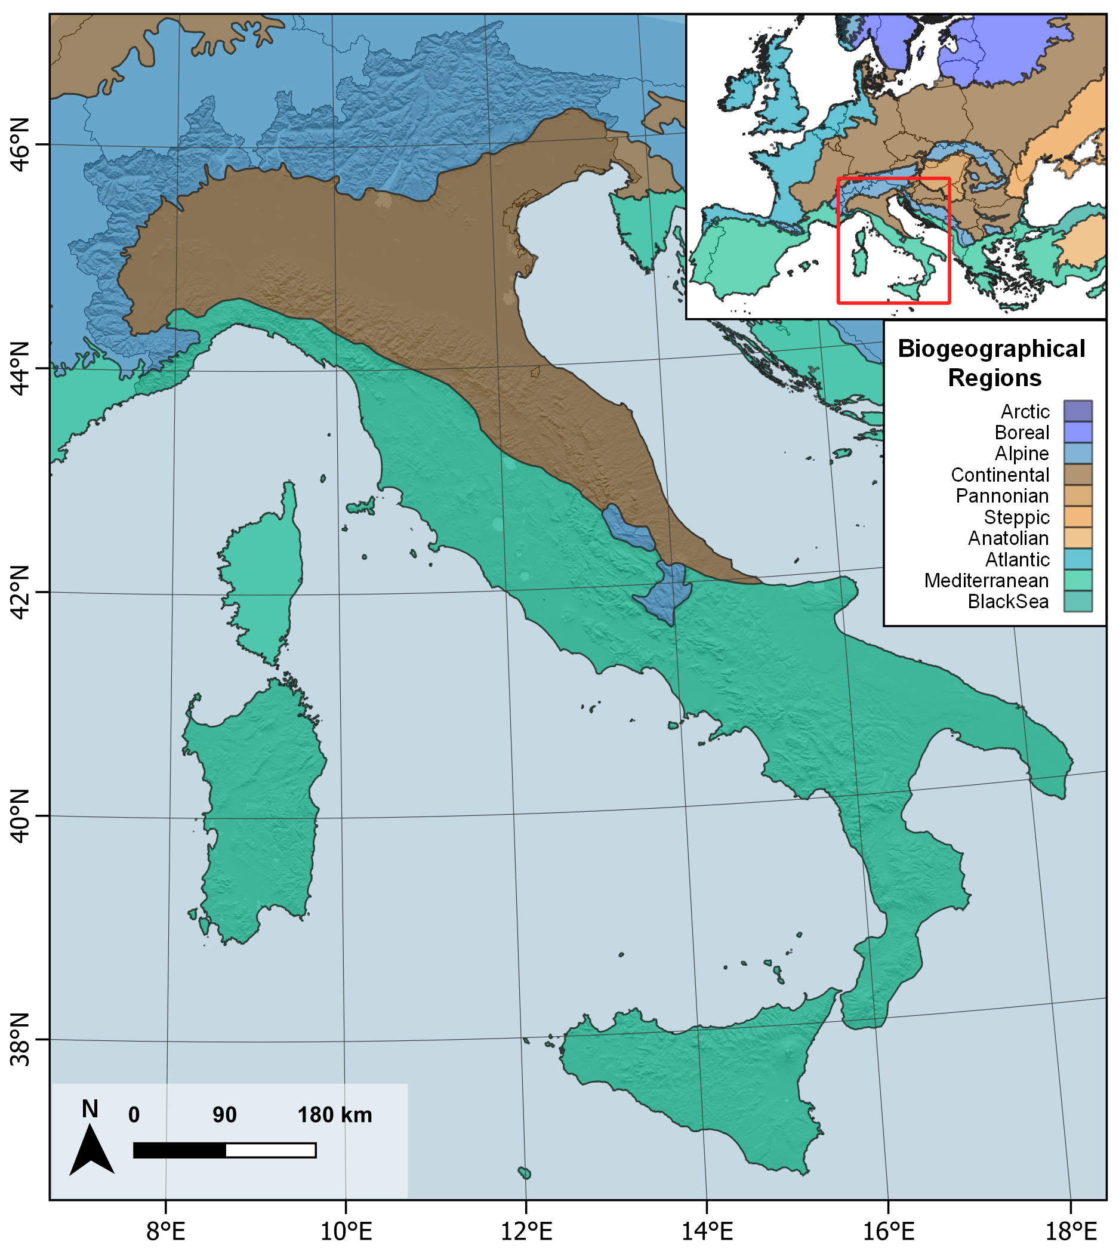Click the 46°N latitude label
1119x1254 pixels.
20,146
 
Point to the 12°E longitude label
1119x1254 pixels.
526,1232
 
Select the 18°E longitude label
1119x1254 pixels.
1071,1232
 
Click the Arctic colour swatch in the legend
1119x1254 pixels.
1078,411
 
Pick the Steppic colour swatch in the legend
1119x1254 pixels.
1078,517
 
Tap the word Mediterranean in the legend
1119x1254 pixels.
986,581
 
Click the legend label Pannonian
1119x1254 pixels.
1002,496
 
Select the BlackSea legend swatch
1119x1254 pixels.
1078,601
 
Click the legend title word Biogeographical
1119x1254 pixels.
991,349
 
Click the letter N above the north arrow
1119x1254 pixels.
90,1109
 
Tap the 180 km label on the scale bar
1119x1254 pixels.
334,1115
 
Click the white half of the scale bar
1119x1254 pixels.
270,1150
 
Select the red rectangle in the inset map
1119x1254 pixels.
839,246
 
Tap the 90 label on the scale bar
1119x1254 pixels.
224,1115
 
